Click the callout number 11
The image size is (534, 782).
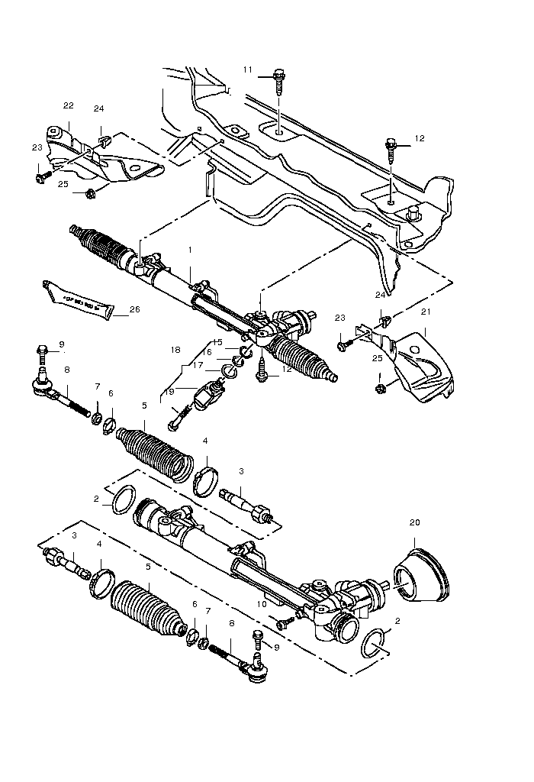coord(247,69)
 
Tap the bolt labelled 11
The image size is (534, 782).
coord(279,77)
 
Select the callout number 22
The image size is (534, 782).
coord(68,105)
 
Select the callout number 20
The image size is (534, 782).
coord(414,523)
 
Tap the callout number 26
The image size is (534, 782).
coord(135,309)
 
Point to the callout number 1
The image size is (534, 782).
coord(190,250)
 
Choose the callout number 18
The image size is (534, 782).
coord(175,350)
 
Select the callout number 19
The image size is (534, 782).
coord(169,390)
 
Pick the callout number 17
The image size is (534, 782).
coord(197,365)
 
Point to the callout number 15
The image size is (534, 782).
coord(217,341)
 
